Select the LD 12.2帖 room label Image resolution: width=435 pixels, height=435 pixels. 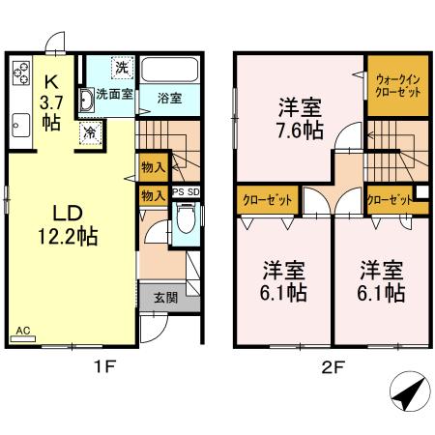[65, 223]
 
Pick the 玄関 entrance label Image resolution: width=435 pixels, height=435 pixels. [164, 297]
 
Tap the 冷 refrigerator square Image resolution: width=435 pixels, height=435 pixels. [89, 133]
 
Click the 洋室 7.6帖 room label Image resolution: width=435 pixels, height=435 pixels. [299, 117]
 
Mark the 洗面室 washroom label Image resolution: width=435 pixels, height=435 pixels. [114, 97]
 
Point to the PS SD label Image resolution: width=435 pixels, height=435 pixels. [186, 193]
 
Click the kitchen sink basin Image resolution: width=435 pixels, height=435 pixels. [20, 125]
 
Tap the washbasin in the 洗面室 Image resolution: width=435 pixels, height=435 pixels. [86, 98]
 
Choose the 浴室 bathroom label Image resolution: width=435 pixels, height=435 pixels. [170, 97]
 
